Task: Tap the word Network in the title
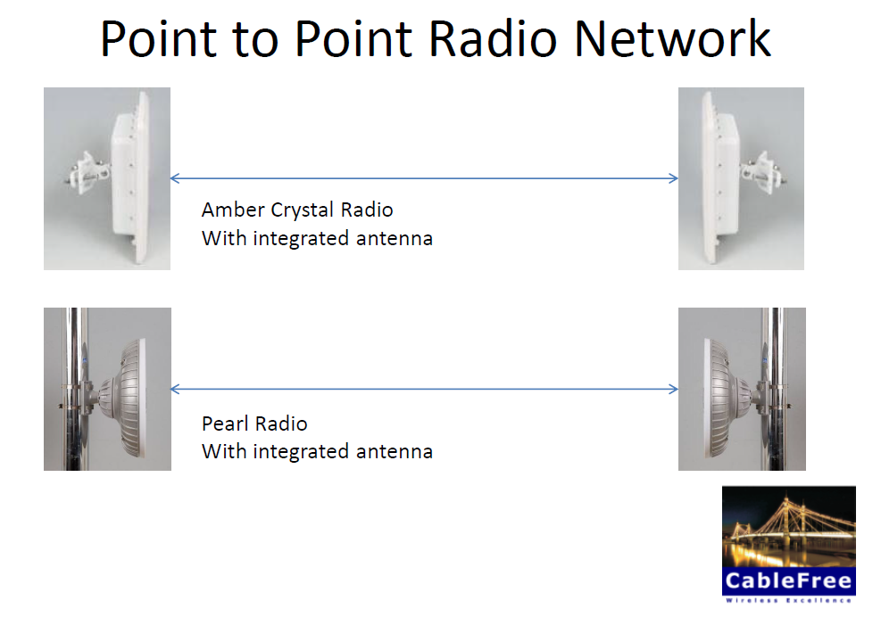coord(672,39)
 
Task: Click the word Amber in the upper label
coord(234,210)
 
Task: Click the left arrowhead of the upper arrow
coord(174,178)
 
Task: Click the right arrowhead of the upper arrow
coord(673,178)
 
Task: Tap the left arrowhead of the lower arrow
coord(174,389)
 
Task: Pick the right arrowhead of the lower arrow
coord(673,389)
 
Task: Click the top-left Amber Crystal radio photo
coord(107,178)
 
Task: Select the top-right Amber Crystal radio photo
coord(741,178)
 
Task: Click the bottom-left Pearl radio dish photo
coord(107,389)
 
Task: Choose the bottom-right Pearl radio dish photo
coord(741,389)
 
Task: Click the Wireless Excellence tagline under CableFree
coord(788,601)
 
